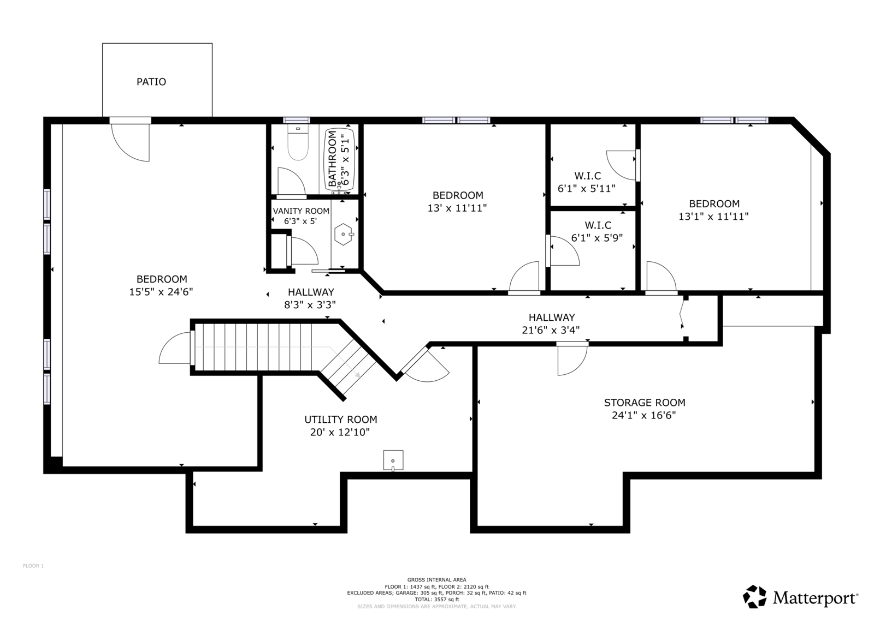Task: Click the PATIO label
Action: tap(151, 82)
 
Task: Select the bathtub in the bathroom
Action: tap(339, 159)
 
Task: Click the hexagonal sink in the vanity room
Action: tap(344, 234)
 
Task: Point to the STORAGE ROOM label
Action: tap(645, 403)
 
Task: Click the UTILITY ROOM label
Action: tap(341, 420)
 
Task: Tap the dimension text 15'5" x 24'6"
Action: tap(161, 292)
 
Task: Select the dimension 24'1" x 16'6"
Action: tap(644, 416)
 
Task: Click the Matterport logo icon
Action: tap(754, 597)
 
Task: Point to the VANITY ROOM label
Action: tap(301, 211)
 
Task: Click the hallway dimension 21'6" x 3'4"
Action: tap(551, 331)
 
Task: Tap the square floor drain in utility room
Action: tap(393, 460)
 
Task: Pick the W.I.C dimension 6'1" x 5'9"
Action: tap(597, 238)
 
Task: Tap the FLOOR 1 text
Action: tap(33, 566)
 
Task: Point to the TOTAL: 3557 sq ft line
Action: tap(437, 600)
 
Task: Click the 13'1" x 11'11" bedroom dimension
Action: tap(713, 217)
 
